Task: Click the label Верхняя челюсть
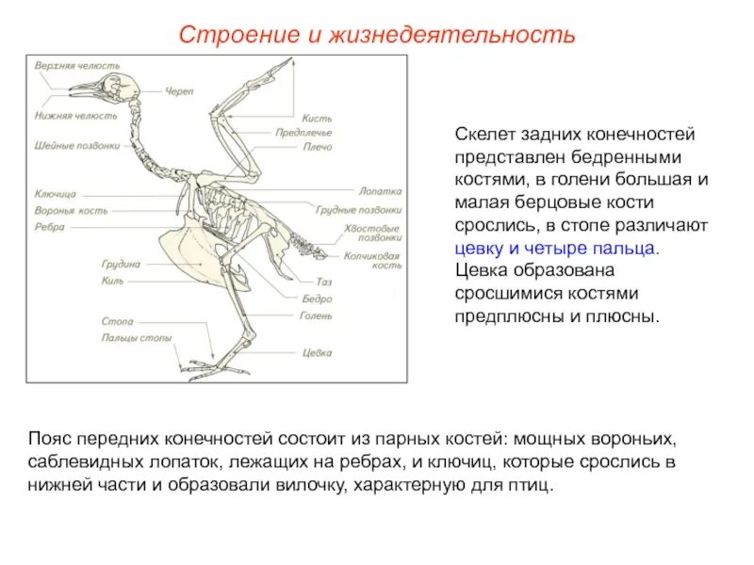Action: pyautogui.click(x=78, y=66)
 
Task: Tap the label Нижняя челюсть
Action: pyautogui.click(x=76, y=116)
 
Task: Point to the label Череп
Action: pyautogui.click(x=179, y=91)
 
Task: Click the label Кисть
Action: pyautogui.click(x=316, y=119)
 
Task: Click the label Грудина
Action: pyautogui.click(x=121, y=265)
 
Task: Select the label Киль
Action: pyautogui.click(x=112, y=281)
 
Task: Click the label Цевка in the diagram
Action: pyautogui.click(x=317, y=353)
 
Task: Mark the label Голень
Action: pyautogui.click(x=316, y=316)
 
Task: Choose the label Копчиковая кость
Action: pyautogui.click(x=372, y=260)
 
